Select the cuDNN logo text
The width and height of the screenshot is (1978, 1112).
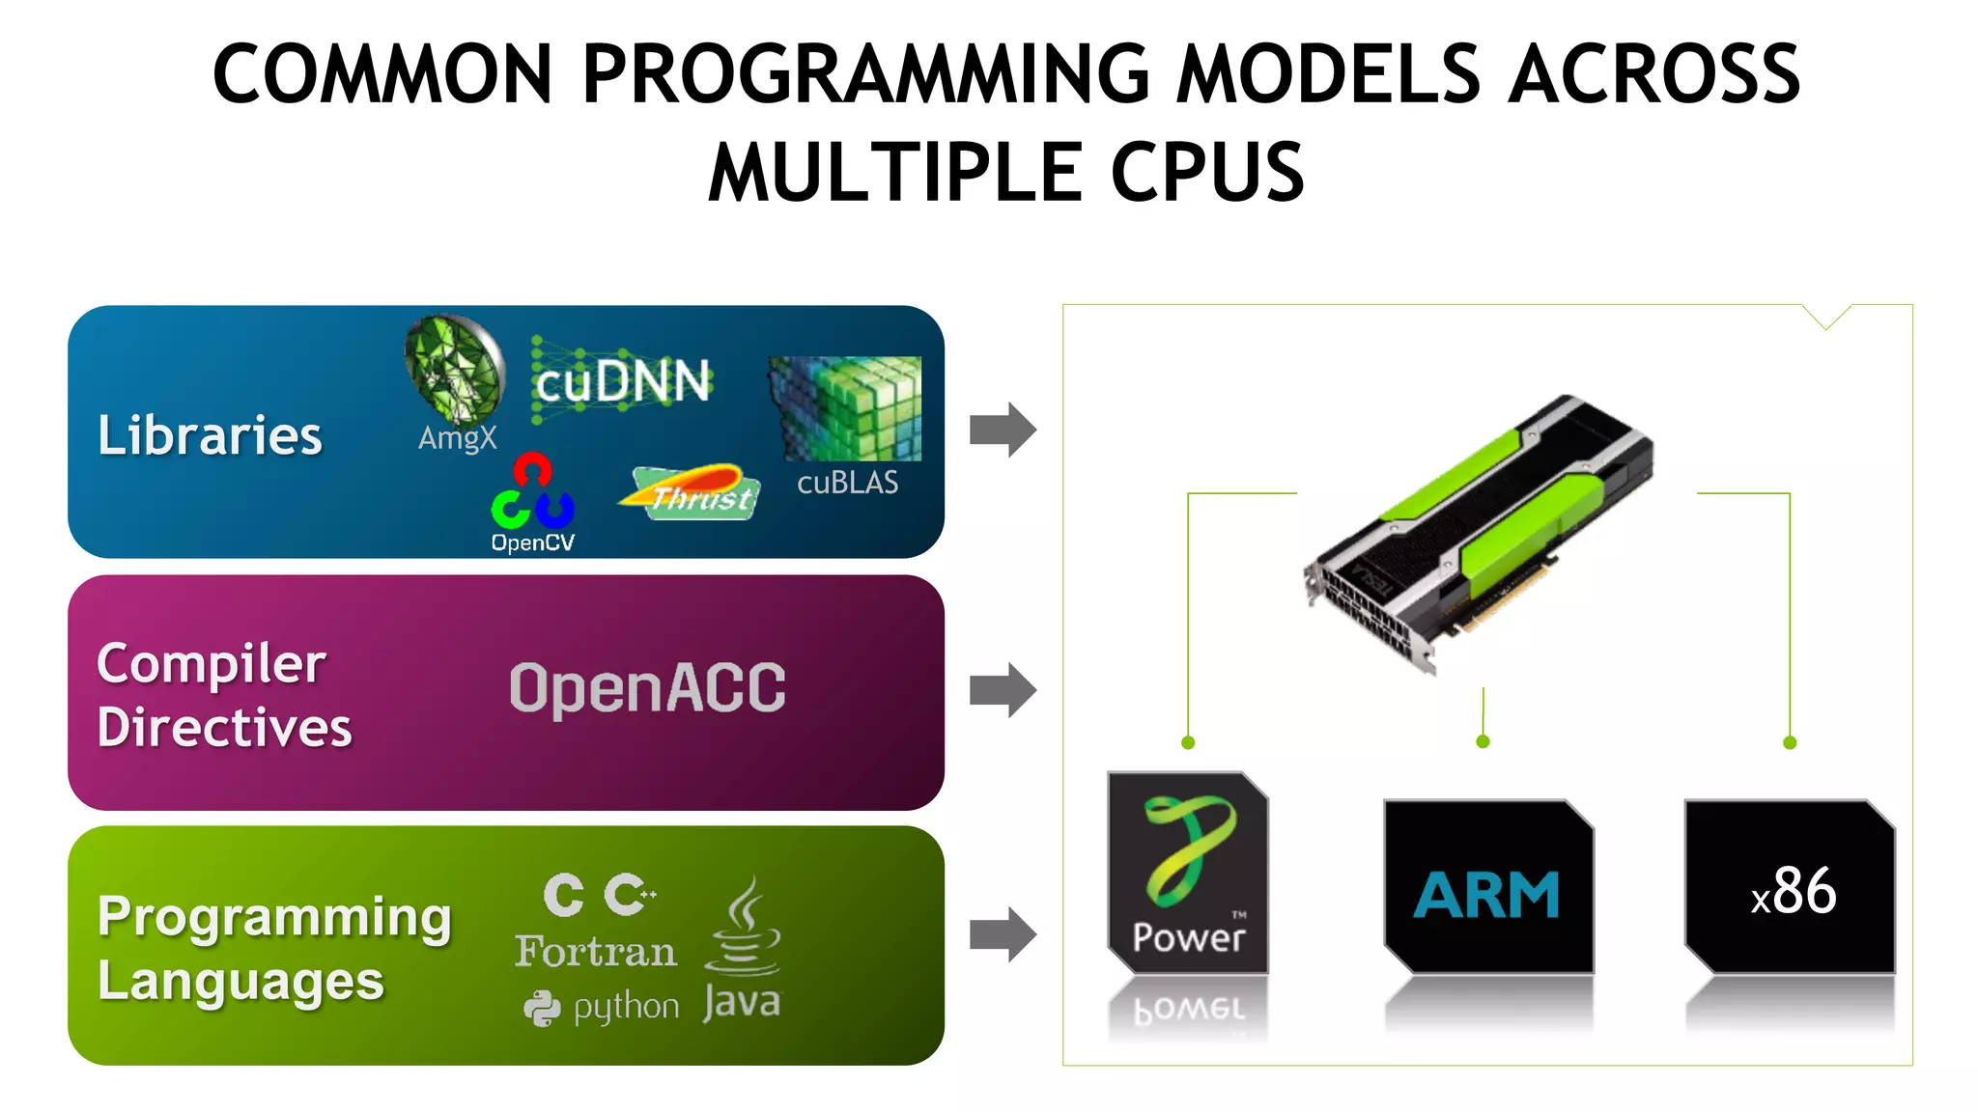pyautogui.click(x=623, y=381)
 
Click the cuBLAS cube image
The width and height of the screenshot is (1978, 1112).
pyautogui.click(x=845, y=407)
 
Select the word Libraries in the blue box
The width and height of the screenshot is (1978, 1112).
pyautogui.click(x=210, y=435)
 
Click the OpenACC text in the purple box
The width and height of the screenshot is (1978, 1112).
pyautogui.click(x=647, y=688)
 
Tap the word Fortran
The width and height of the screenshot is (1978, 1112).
pyautogui.click(x=595, y=952)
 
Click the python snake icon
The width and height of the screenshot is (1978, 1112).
pyautogui.click(x=542, y=1009)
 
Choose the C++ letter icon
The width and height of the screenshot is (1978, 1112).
pyautogui.click(x=630, y=895)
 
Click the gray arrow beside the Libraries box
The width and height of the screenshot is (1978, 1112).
pyautogui.click(x=1003, y=430)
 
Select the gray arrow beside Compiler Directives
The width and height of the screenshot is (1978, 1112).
pyautogui.click(x=1003, y=690)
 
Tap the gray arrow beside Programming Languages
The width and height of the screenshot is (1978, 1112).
pyautogui.click(x=1003, y=934)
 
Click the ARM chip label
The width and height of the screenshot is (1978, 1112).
pyautogui.click(x=1486, y=895)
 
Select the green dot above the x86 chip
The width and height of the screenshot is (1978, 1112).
pyautogui.click(x=1790, y=742)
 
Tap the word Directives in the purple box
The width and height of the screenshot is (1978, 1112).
pyautogui.click(x=224, y=728)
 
